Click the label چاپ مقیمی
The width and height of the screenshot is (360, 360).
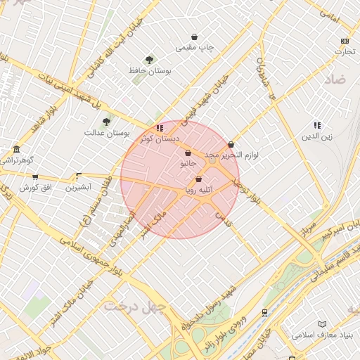(x=194, y=48)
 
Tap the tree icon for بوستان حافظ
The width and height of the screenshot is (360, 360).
(x=148, y=60)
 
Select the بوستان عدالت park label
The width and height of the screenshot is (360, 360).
(x=103, y=132)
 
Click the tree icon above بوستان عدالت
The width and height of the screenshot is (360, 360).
(x=106, y=122)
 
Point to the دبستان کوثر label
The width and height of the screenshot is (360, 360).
(x=159, y=138)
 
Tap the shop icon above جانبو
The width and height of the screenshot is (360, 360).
(x=188, y=153)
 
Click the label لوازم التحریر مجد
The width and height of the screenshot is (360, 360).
(x=232, y=154)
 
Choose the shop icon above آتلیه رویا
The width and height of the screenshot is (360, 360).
(x=199, y=179)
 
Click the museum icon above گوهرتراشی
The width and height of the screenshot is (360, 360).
(x=16, y=149)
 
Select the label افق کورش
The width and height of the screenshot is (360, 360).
(x=33, y=188)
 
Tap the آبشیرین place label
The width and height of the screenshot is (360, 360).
(x=79, y=188)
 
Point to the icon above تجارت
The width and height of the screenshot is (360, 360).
(x=344, y=41)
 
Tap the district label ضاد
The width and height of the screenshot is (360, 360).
(x=335, y=80)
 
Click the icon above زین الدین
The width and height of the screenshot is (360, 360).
(x=317, y=125)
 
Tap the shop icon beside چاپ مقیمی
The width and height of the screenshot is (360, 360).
(x=194, y=37)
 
